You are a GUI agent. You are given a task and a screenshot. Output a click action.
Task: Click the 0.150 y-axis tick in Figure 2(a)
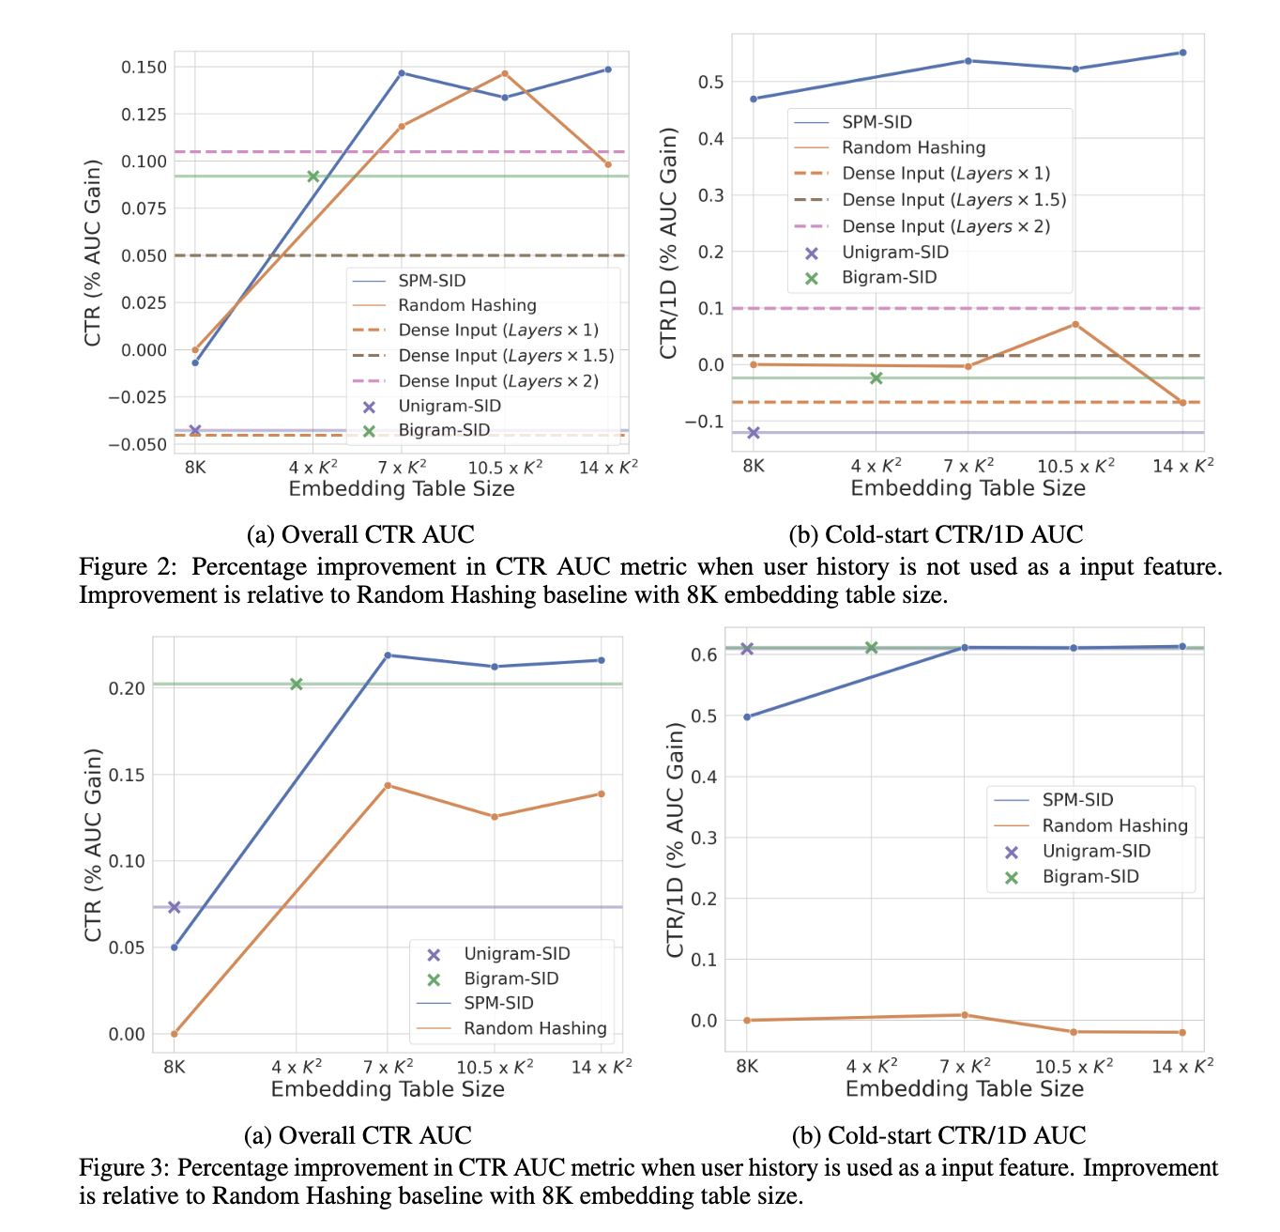click(144, 68)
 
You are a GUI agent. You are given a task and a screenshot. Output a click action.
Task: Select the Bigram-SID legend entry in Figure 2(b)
click(888, 278)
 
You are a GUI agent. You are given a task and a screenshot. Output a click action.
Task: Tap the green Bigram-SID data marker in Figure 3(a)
click(297, 685)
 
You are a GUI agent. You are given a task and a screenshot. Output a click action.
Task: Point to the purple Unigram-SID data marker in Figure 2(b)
click(753, 433)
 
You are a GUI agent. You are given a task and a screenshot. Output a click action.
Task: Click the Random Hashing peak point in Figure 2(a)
click(505, 73)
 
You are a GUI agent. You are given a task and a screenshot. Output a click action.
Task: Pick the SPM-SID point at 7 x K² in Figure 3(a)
click(388, 655)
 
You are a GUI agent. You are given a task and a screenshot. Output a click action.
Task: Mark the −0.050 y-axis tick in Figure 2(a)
click(139, 444)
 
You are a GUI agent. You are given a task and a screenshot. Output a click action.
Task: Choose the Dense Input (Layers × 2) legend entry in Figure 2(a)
click(497, 381)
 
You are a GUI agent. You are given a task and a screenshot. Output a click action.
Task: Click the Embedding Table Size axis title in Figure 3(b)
click(965, 1089)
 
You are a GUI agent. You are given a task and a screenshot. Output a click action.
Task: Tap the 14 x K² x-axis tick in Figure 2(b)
click(1182, 467)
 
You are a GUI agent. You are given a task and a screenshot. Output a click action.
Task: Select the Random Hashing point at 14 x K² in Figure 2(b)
click(1182, 403)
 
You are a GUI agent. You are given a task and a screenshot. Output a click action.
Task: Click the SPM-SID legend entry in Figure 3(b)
click(1077, 800)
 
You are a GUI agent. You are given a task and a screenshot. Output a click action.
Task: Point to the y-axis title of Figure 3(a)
click(93, 845)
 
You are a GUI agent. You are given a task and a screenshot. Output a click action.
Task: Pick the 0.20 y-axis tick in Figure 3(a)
click(127, 688)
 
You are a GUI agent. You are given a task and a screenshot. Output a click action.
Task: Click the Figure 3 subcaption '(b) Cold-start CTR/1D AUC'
click(938, 1135)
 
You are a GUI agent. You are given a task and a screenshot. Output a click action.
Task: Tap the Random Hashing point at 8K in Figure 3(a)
click(175, 1034)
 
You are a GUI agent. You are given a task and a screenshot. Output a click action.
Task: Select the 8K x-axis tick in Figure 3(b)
click(747, 1066)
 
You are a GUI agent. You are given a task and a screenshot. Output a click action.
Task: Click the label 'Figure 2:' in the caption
click(130, 567)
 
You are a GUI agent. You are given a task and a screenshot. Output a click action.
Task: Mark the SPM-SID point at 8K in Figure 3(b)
click(747, 717)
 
